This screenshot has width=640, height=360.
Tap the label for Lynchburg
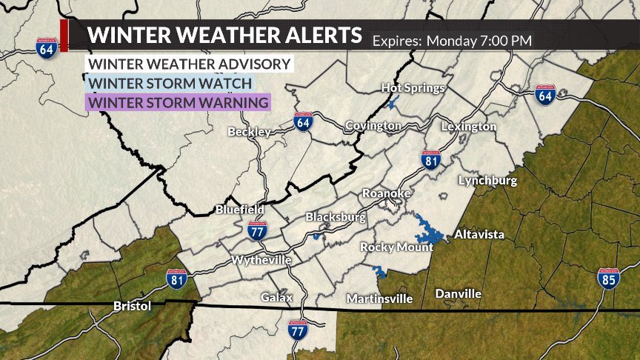487,181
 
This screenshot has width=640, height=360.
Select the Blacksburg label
336,217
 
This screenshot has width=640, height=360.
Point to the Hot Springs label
413,88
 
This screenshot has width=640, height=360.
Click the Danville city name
458,294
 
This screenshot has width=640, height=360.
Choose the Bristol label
133,306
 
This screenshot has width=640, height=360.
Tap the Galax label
276,298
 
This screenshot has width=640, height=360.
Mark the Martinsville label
381,299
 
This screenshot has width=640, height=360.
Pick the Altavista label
479,235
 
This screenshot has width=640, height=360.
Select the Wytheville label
261,261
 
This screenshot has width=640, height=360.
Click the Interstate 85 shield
608,279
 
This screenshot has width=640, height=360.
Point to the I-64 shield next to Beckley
302,123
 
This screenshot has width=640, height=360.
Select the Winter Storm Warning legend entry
178,102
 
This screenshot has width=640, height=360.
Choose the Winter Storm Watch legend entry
170,83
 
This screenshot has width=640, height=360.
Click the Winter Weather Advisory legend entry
189,64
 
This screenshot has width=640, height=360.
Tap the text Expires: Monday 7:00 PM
452,40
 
